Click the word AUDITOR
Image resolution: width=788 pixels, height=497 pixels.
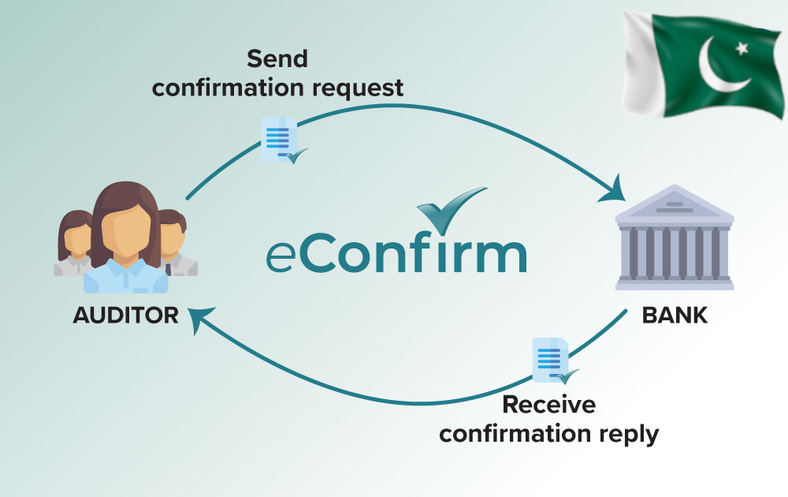126,316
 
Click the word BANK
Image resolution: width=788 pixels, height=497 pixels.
675,316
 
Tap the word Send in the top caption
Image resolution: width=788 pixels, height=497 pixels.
277,58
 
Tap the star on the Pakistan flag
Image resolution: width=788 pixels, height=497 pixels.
741,48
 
